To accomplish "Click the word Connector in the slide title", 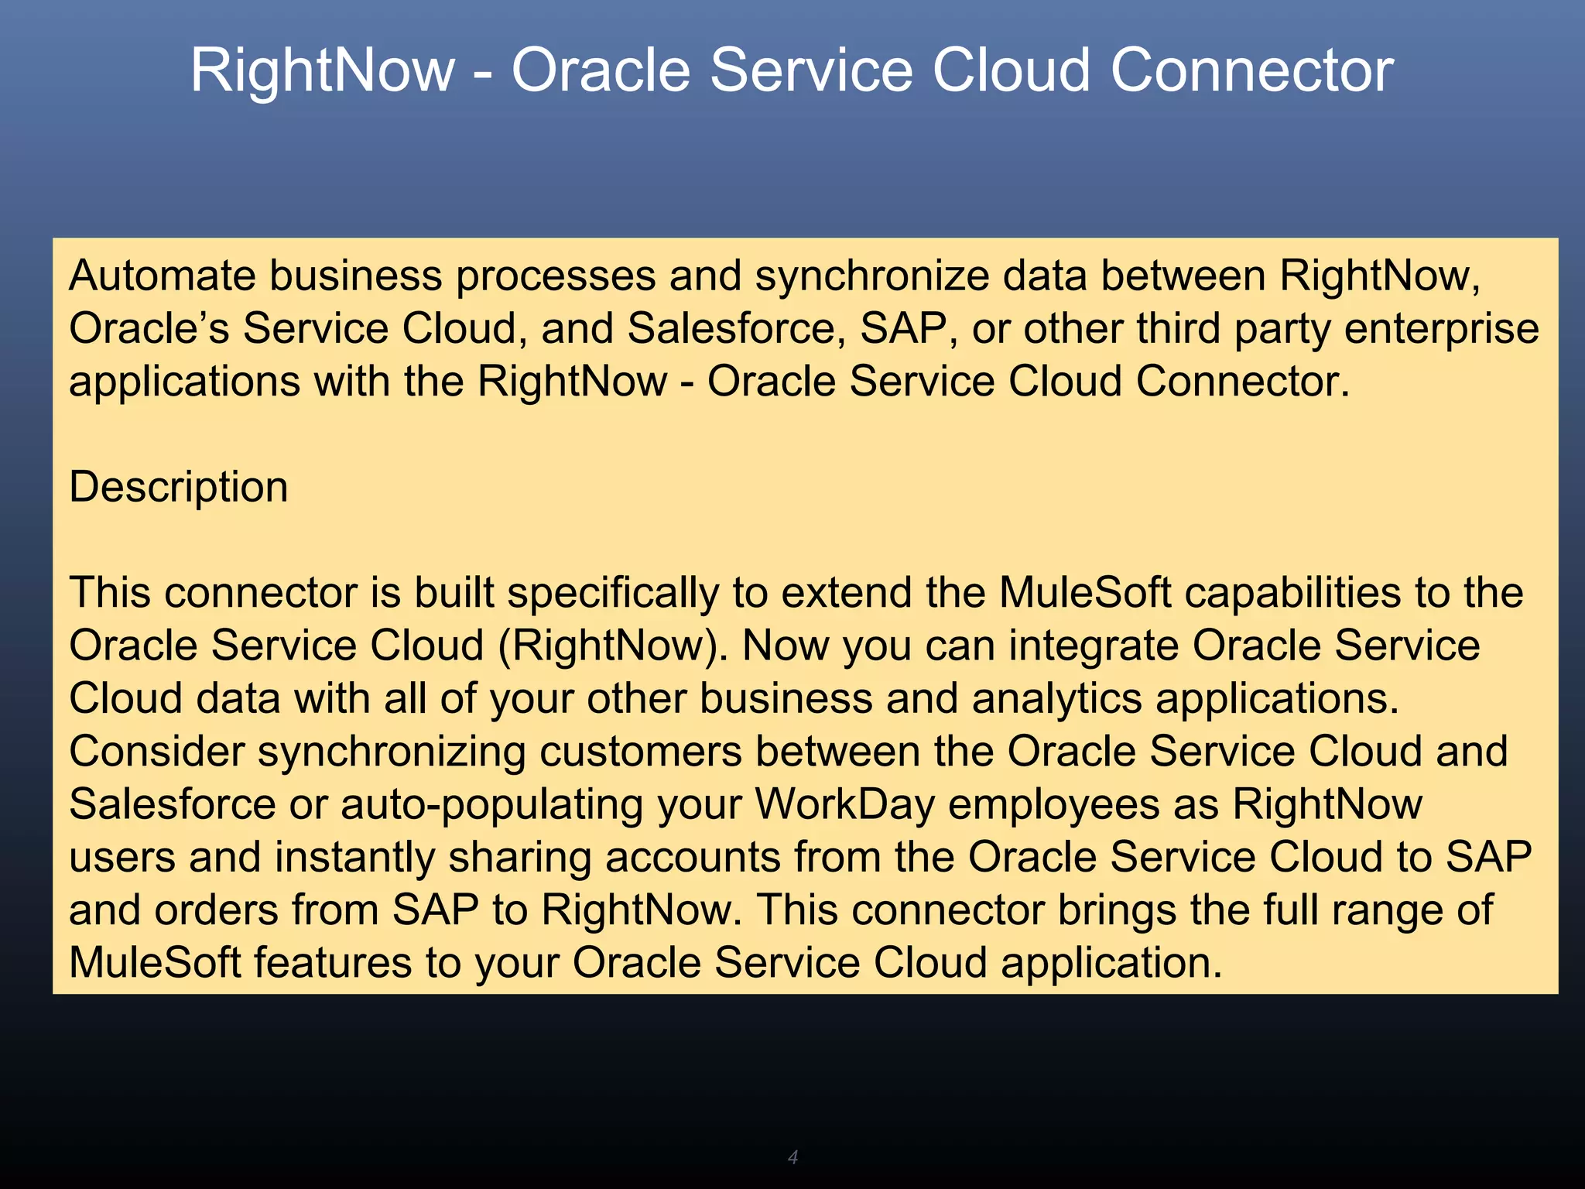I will pyautogui.click(x=1251, y=70).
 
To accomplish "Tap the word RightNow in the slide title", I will pyautogui.click(x=322, y=70).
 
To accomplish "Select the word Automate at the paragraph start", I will pyautogui.click(x=162, y=276).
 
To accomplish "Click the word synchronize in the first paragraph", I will pyautogui.click(x=872, y=277).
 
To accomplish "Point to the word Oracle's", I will pyautogui.click(x=149, y=328).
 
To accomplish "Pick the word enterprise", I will pyautogui.click(x=1441, y=330).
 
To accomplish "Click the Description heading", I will pyautogui.click(x=179, y=488).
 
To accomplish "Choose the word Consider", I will pyautogui.click(x=157, y=752).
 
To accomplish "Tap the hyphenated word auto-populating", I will pyautogui.click(x=492, y=805).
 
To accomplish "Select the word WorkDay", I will pyautogui.click(x=845, y=804).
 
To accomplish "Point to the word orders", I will pyautogui.click(x=216, y=910).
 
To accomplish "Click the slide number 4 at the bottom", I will pyautogui.click(x=792, y=1157).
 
